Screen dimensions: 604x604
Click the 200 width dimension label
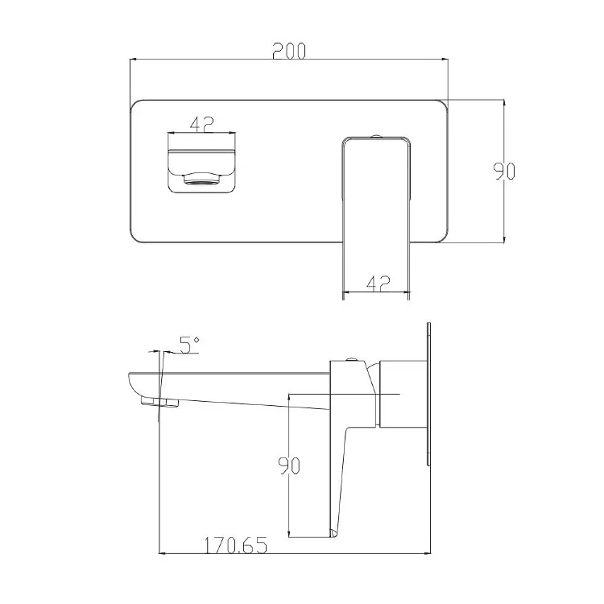[x=289, y=51]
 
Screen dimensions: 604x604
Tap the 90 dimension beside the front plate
[x=504, y=172]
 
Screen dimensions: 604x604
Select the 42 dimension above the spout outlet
[x=201, y=124]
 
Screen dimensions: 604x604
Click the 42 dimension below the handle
[x=378, y=283]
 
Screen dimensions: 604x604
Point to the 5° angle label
[x=189, y=345]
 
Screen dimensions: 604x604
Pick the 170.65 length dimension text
[x=235, y=545]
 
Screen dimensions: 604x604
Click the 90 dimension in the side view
[x=289, y=465]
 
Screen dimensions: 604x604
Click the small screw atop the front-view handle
[x=376, y=135]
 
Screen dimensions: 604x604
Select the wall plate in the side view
[x=428, y=394]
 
